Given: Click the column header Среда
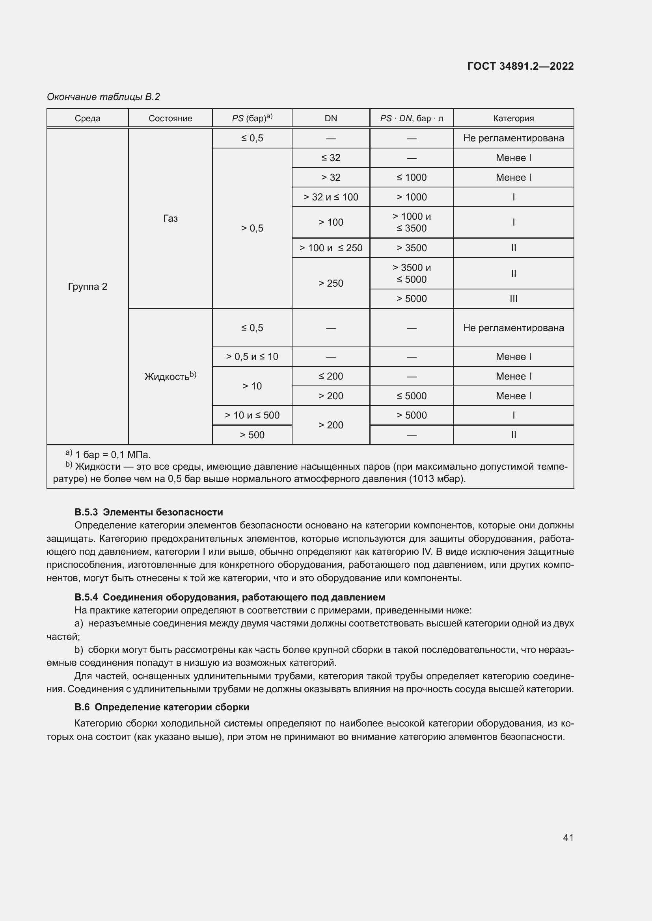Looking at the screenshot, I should (x=88, y=119).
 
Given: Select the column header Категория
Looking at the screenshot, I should (x=513, y=119).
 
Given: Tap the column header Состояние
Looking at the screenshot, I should (x=170, y=119).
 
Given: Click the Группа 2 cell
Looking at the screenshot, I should (x=88, y=286).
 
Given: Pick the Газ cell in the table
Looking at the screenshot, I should (x=170, y=219).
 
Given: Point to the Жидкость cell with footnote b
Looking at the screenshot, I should (x=170, y=376).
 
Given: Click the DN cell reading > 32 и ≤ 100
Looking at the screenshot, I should (x=330, y=197).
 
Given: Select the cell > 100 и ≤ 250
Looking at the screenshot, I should (x=330, y=248).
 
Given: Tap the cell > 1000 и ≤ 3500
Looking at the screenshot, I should (x=411, y=222).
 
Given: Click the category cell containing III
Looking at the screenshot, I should (x=513, y=299).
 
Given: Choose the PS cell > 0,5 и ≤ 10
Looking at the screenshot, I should (x=252, y=357).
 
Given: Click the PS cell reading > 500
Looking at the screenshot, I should (x=252, y=435).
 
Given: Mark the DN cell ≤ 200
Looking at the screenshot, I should (x=330, y=376).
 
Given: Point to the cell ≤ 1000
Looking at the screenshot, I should (x=411, y=177).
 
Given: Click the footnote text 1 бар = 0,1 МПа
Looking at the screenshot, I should (x=112, y=454).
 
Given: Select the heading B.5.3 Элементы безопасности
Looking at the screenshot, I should (x=149, y=512).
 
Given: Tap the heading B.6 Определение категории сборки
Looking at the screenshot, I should (x=161, y=707).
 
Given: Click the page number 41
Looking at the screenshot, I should (x=568, y=838).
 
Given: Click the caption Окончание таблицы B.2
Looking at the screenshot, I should (x=104, y=97).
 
